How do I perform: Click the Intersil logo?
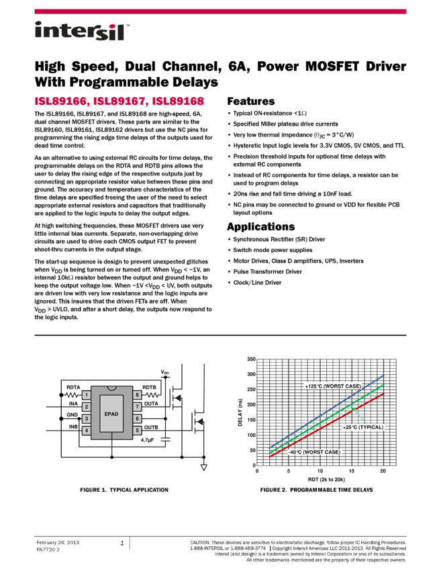tap(82, 32)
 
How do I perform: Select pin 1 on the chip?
tap(86, 395)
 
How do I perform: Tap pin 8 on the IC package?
tap(137, 395)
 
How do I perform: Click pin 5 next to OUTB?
tap(137, 431)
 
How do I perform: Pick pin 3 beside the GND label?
tap(86, 419)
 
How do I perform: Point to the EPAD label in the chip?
tap(111, 414)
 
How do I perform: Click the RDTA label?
tap(73, 387)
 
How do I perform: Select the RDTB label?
tap(149, 387)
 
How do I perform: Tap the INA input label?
tap(73, 404)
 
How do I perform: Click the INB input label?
tap(73, 427)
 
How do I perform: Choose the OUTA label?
tap(151, 404)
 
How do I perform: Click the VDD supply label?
tap(165, 371)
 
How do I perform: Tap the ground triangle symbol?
tap(203, 467)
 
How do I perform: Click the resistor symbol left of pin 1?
tap(72, 395)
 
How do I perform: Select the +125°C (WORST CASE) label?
tap(333, 386)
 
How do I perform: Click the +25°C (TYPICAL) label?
tap(363, 427)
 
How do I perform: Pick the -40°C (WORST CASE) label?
tap(315, 452)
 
